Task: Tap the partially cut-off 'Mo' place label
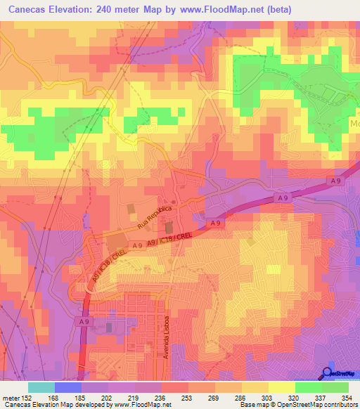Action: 353,123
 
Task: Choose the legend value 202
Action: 94,397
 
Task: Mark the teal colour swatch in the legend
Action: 41,387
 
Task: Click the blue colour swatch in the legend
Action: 68,387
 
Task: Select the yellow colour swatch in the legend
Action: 281,387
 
